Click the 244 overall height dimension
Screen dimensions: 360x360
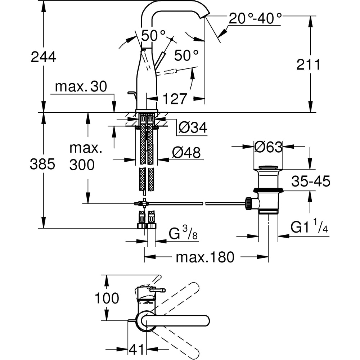pos(43,57)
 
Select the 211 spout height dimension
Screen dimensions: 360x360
pos(308,65)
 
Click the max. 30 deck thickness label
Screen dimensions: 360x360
pos(81,87)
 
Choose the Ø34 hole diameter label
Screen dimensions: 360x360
pos(193,127)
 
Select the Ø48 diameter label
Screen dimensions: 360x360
pos(186,153)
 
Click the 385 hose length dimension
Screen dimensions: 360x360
pos(43,164)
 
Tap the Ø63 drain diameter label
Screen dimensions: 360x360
pos(268,147)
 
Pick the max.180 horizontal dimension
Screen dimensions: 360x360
pos(205,257)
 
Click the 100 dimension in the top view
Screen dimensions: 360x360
pos(107,298)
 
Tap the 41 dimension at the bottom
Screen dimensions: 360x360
pos(136,349)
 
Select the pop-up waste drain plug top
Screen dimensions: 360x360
pos(268,167)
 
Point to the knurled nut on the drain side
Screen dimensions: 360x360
pos(248,203)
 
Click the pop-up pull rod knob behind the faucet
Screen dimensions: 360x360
pos(131,94)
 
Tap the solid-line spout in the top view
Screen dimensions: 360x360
pos(176,320)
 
